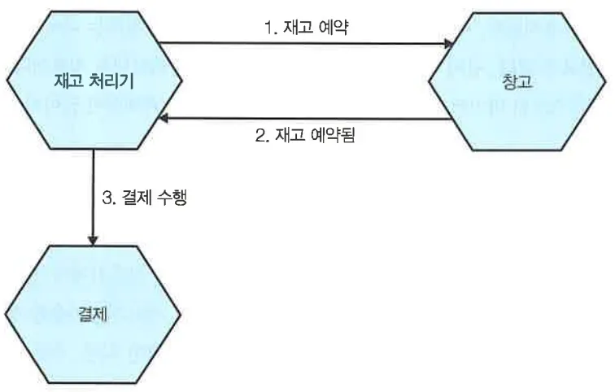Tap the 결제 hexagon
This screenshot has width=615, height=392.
pyautogui.click(x=93, y=314)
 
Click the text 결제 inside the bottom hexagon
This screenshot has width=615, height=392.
pyautogui.click(x=93, y=315)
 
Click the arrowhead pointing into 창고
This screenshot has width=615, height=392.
pyautogui.click(x=447, y=44)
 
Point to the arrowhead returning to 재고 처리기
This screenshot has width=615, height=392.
pyautogui.click(x=165, y=119)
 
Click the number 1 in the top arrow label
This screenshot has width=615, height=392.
pyautogui.click(x=268, y=28)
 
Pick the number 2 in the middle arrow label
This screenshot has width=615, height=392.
pyautogui.click(x=260, y=137)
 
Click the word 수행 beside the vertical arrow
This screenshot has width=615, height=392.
pyautogui.click(x=173, y=198)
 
